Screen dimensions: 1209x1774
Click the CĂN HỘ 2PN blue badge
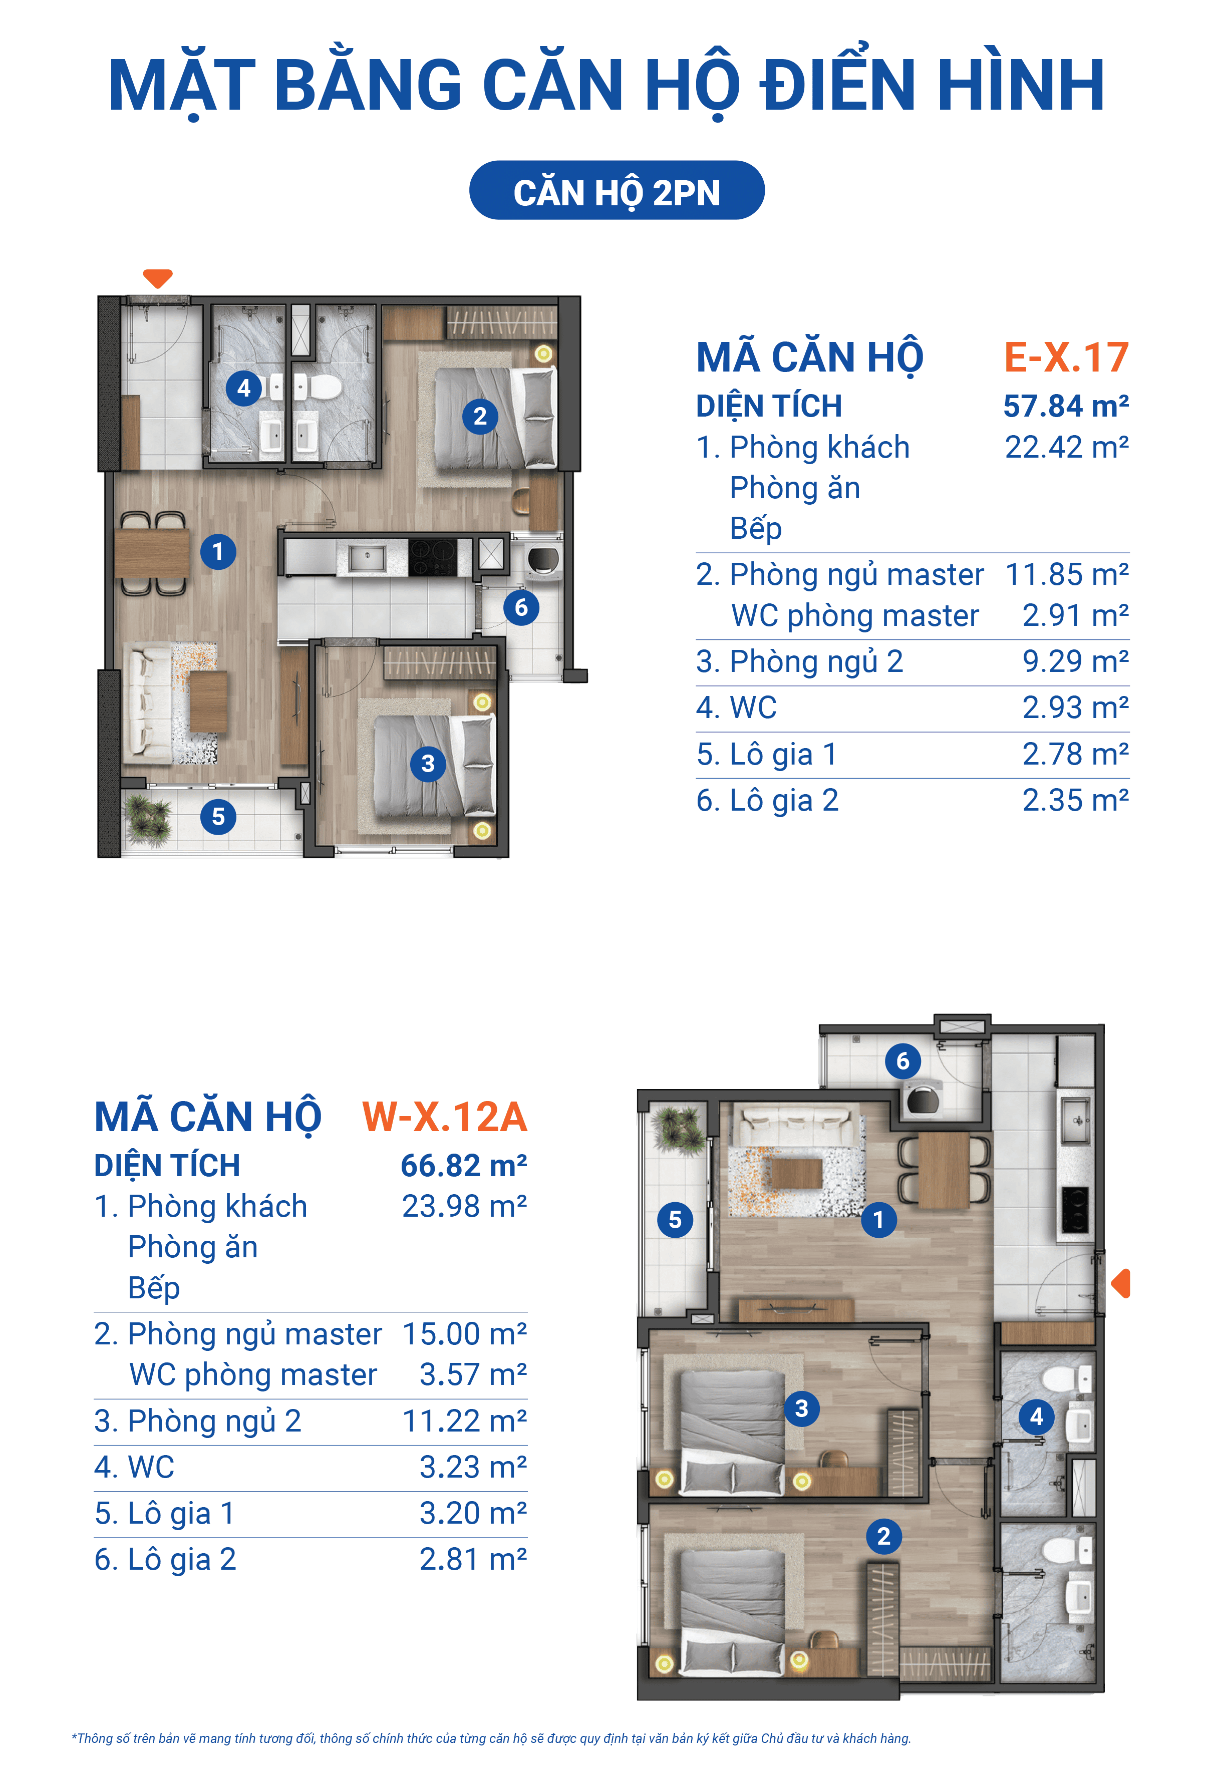tap(617, 190)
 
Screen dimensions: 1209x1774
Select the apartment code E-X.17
tap(1066, 357)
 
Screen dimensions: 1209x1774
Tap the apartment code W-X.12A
tap(445, 1117)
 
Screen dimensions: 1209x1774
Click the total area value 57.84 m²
tap(1066, 406)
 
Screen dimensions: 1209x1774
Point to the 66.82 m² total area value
tap(464, 1166)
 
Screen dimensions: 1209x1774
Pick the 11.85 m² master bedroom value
tap(1067, 574)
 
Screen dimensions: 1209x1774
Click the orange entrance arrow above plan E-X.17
tap(158, 278)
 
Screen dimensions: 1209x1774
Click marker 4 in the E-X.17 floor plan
tap(243, 389)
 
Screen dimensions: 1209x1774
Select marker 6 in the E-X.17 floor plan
tap(521, 608)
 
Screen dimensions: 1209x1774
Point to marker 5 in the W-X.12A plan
tap(675, 1219)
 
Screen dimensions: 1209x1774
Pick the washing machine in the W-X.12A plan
tap(923, 1100)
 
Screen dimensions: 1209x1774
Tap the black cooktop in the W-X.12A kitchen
tap(1074, 1210)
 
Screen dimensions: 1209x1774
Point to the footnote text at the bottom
tap(491, 1738)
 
